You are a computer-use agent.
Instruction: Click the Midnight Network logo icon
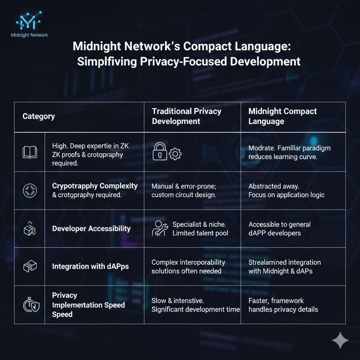point(29,21)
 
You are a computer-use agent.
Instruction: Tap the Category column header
point(39,116)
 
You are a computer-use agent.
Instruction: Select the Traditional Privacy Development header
point(186,116)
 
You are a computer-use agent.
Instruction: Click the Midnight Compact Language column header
point(283,116)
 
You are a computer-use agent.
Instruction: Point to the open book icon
point(30,152)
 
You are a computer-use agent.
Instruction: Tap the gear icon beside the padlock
point(175,154)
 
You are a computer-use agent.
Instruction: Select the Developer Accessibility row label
point(91,229)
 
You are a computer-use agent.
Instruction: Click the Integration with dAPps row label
point(90,266)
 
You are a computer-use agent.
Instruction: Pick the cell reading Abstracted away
point(286,191)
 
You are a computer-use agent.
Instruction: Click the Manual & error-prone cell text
point(184,191)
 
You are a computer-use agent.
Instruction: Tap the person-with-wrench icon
point(160,229)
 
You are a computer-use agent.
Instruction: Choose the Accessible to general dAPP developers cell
point(279,229)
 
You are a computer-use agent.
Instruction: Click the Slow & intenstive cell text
point(195,305)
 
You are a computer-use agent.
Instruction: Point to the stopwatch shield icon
point(30,305)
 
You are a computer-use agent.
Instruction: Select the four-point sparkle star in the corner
point(340,340)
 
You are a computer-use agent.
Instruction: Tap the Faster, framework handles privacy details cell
point(283,305)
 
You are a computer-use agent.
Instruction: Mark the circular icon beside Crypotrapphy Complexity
point(30,191)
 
